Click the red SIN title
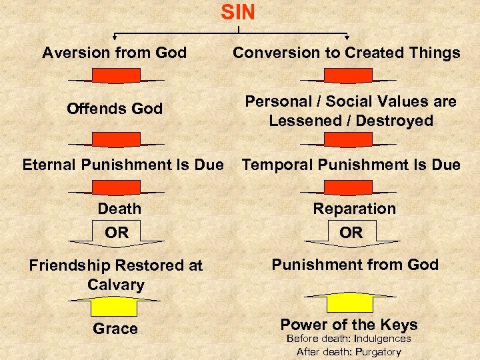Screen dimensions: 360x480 (238, 12)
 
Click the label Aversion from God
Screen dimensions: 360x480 (114, 53)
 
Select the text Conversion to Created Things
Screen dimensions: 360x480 (346, 53)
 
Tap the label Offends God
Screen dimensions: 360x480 (114, 108)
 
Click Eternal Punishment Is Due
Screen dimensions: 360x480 (123, 164)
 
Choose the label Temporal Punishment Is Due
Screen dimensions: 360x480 (351, 164)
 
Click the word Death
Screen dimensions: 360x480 (119, 209)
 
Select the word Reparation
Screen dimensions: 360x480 (354, 209)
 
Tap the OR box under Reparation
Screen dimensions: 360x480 (351, 233)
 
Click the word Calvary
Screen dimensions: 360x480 (116, 285)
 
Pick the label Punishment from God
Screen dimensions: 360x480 (354, 265)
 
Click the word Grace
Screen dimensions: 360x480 (115, 329)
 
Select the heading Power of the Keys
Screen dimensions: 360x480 (349, 325)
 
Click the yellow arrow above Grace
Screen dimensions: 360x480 (115, 305)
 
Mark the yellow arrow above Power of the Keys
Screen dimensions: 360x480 (351, 301)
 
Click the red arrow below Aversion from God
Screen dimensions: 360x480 (115, 77)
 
